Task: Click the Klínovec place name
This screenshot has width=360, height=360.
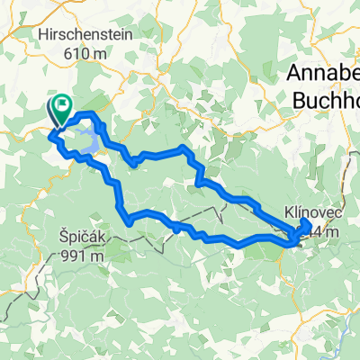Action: tap(307, 209)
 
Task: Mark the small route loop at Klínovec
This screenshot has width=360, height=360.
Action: tap(302, 229)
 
